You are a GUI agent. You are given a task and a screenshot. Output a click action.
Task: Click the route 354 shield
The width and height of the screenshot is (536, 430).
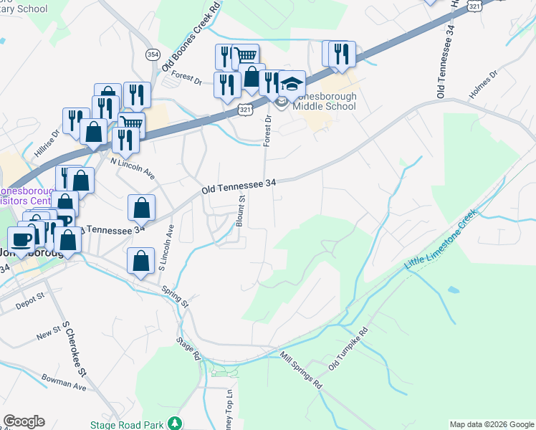pos(152,54)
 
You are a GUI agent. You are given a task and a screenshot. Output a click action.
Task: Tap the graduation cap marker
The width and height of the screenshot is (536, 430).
pos(292,85)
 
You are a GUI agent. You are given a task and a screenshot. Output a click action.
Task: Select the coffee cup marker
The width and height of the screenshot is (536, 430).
pos(21,240)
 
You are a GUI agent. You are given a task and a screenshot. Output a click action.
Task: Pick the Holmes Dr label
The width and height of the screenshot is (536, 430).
pos(482,84)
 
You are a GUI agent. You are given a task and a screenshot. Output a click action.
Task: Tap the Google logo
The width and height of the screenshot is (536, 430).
pos(24,421)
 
